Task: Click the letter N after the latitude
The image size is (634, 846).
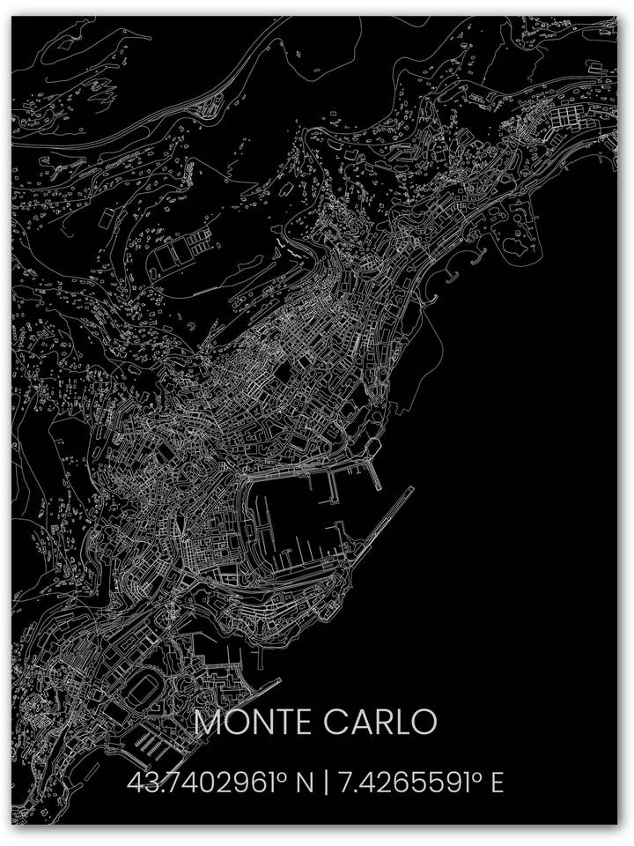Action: click(305, 782)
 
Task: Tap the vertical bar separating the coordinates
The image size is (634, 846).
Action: click(327, 783)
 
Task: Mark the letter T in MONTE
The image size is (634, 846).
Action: click(281, 722)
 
